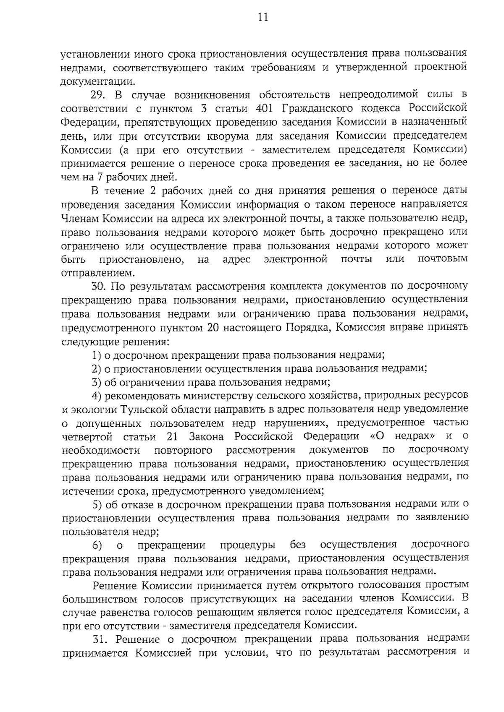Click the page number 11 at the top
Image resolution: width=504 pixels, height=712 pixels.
click(x=263, y=17)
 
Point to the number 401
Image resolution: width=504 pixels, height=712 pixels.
click(x=264, y=108)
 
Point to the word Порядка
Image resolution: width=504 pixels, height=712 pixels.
click(x=306, y=328)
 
